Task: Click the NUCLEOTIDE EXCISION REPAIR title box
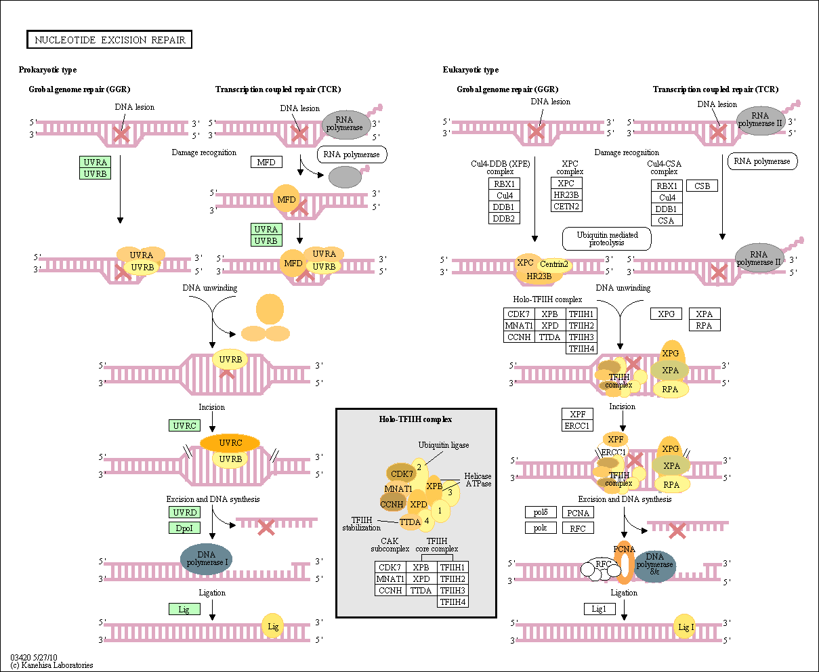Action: click(110, 40)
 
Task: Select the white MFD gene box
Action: click(266, 163)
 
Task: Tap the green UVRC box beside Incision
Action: click(184, 425)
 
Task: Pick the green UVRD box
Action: click(184, 513)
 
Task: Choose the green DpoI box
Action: click(184, 528)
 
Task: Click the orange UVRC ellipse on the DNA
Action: click(230, 443)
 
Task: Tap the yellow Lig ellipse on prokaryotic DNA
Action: click(273, 627)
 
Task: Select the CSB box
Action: click(702, 186)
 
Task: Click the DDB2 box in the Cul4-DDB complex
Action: click(503, 218)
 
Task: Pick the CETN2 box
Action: click(566, 206)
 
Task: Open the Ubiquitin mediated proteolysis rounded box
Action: click(606, 238)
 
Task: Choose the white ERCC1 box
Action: click(577, 425)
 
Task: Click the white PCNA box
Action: click(578, 513)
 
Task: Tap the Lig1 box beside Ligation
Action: click(599, 609)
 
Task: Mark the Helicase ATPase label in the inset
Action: click(478, 480)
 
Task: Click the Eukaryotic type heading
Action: click(471, 70)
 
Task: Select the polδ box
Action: click(540, 513)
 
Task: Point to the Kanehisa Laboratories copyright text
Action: click(51, 665)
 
